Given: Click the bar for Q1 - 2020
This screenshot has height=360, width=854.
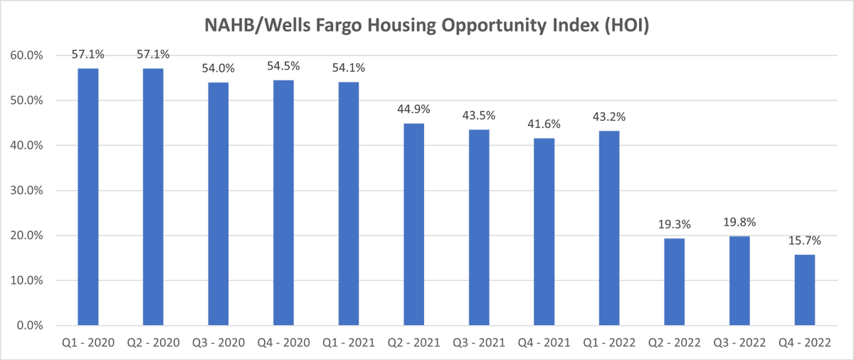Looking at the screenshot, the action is point(88,197).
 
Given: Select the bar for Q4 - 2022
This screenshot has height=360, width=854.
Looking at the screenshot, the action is point(805,290).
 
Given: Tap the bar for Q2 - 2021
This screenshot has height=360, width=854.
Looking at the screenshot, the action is point(413,224).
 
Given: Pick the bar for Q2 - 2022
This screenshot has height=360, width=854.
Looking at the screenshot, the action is point(675,282).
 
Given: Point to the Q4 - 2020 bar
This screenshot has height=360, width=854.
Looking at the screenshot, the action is point(283,203).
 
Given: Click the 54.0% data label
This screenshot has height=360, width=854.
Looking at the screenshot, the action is point(218,68).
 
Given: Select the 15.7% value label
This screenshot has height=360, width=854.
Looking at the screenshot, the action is point(805,240).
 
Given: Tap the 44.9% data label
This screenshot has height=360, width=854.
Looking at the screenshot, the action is point(413,110).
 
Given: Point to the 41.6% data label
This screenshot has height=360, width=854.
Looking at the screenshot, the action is point(544,125).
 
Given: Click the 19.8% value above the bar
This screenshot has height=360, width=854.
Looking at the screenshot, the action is point(739,222).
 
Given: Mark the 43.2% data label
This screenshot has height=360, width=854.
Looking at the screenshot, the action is point(609,117).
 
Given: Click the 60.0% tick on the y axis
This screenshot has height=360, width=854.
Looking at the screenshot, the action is point(26,55).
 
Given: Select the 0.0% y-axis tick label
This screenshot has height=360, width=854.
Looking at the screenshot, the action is point(30,326).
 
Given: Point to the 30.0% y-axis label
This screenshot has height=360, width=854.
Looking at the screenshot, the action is point(26,191).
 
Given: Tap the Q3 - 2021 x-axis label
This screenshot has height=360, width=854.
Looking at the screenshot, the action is point(479,343).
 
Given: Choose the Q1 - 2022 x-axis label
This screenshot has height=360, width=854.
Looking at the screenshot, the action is point(609,343).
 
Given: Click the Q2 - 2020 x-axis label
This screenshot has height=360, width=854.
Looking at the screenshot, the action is point(153,343).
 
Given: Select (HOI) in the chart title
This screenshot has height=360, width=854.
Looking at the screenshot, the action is point(627,26).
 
